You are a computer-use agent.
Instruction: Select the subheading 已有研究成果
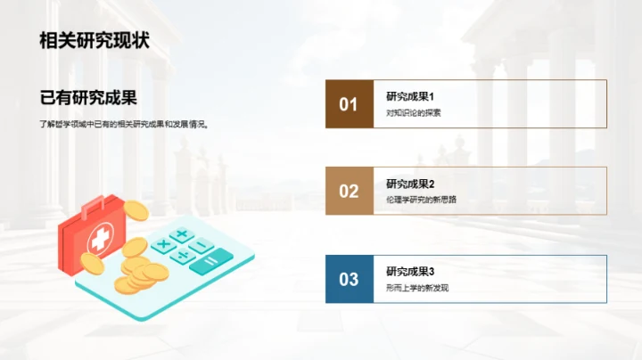94,97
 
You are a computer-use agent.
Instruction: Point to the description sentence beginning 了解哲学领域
124,125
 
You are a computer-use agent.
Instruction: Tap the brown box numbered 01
349,104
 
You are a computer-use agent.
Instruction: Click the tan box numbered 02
349,191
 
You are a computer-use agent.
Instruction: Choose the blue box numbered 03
349,279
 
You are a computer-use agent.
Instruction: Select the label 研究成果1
410,96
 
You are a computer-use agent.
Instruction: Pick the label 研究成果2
410,184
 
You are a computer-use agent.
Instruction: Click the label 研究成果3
410,271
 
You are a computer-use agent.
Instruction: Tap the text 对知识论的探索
414,113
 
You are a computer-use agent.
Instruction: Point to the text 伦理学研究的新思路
421,200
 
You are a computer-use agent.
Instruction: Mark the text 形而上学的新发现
417,287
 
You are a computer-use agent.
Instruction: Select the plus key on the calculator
182,234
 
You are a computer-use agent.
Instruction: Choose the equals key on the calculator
210,263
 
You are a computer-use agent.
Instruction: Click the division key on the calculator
182,256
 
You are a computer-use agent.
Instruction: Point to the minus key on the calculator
202,245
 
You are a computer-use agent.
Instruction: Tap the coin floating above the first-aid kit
135,210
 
